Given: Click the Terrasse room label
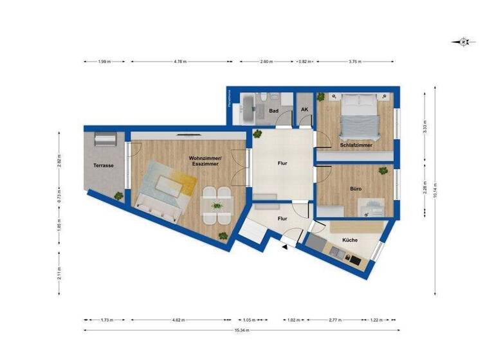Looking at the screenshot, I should pos(103,165).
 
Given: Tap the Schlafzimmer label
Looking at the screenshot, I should pos(356,145).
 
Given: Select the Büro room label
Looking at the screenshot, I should pos(355,190).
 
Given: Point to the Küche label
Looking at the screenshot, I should pos(350,240).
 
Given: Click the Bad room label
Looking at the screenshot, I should pos(273,111).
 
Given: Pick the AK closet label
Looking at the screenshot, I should pos(304,110).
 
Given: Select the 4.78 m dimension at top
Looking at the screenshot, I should pos(180,62).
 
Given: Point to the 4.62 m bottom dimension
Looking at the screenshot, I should pos(181,319).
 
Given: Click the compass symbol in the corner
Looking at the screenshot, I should pos(463,42).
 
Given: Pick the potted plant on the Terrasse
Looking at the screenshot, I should pos(118,194).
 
